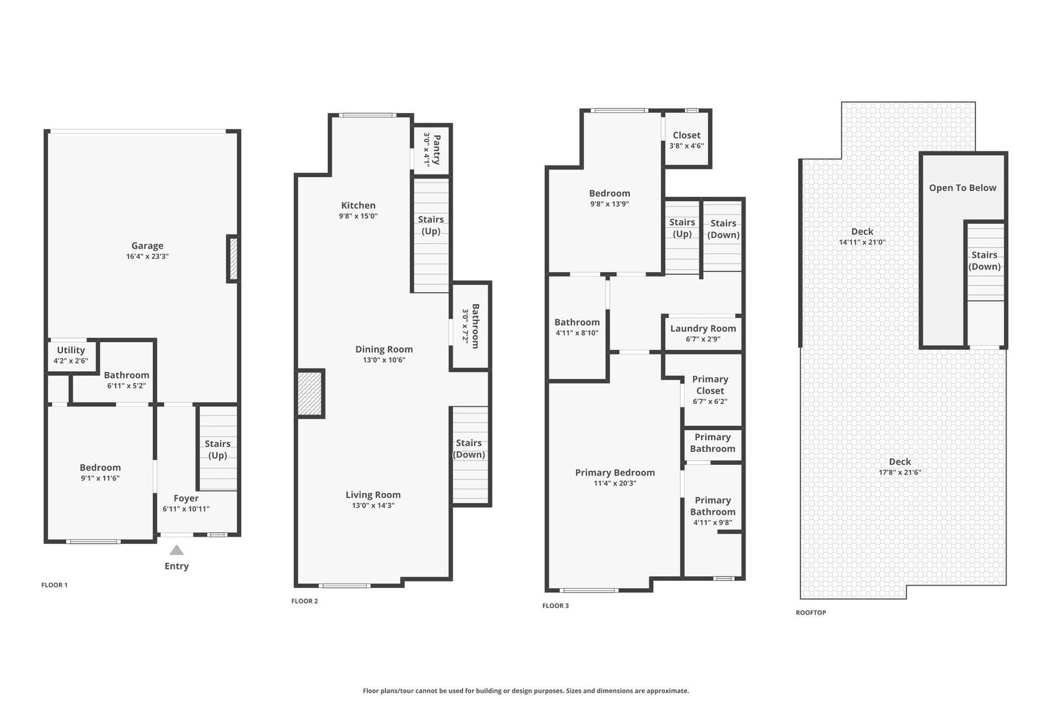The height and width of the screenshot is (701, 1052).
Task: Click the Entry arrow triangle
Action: [x=177, y=550]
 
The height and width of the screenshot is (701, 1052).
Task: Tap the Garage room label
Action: [x=147, y=245]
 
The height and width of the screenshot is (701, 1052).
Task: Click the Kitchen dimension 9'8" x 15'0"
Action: [x=358, y=216]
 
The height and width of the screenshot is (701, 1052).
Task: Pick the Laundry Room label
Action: [x=703, y=328]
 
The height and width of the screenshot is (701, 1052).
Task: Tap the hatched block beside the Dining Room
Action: [x=310, y=393]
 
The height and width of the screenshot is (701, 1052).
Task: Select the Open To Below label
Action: [x=963, y=188]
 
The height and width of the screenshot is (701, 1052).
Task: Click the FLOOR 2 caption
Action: [x=305, y=601]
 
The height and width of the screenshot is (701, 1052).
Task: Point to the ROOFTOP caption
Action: [x=810, y=613]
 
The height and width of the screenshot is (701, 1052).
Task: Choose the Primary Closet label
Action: [x=710, y=384]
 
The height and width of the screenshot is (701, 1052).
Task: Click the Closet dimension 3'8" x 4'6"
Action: [x=686, y=146]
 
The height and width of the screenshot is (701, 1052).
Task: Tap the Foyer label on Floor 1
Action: [x=186, y=498]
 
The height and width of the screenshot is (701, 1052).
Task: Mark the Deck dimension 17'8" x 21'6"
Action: [x=900, y=473]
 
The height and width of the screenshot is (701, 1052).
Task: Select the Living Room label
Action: [x=373, y=495]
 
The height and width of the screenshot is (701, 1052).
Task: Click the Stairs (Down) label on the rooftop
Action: [x=984, y=260]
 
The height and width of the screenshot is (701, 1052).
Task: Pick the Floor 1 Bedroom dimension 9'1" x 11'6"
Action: [x=100, y=478]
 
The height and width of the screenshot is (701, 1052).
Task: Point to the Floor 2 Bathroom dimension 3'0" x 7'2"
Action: [x=466, y=326]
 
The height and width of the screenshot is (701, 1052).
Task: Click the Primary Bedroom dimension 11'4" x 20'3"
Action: [x=615, y=483]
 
